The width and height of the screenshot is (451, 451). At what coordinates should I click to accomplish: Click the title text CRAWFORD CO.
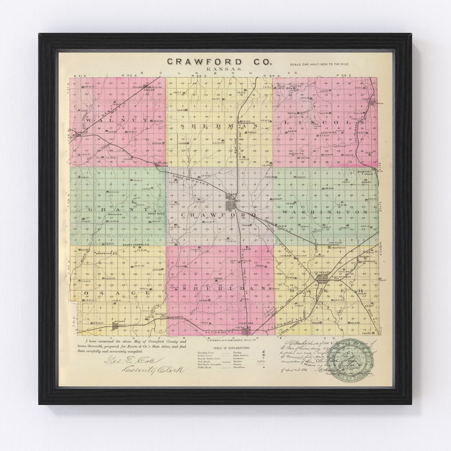(219, 62)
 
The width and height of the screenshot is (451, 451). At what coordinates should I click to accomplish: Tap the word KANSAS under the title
(219, 70)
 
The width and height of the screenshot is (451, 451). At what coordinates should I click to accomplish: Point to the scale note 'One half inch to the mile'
(319, 64)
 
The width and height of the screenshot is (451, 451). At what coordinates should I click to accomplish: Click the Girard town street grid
(231, 205)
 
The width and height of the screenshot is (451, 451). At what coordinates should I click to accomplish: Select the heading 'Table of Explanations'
(231, 347)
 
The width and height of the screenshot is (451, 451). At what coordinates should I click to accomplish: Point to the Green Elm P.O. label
(106, 253)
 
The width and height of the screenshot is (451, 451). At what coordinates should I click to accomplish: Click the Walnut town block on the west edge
(78, 134)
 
